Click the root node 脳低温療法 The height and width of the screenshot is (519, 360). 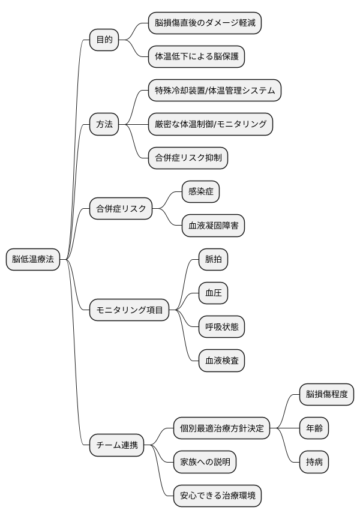(x=33, y=260)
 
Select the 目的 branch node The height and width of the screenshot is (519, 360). (x=104, y=40)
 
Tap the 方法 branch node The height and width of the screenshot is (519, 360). (x=104, y=125)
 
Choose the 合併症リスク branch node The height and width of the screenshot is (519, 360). (x=121, y=209)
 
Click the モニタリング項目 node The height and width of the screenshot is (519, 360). (x=129, y=310)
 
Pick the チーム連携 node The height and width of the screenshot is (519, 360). (x=116, y=445)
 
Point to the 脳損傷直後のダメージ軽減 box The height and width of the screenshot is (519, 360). (x=205, y=23)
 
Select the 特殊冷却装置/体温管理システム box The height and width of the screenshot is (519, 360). (x=214, y=91)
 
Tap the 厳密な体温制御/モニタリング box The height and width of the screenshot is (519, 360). (x=210, y=124)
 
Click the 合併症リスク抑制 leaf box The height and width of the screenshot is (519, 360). (x=188, y=158)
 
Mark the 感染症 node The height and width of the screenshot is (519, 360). (x=201, y=192)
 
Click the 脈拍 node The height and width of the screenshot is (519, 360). (x=214, y=260)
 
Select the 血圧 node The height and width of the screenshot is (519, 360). (x=214, y=293)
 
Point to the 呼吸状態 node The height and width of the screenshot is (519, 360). (x=222, y=327)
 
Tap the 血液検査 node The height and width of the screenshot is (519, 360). (x=222, y=361)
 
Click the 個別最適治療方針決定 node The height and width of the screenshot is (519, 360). (x=222, y=428)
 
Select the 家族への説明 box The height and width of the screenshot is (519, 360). (x=205, y=462)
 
